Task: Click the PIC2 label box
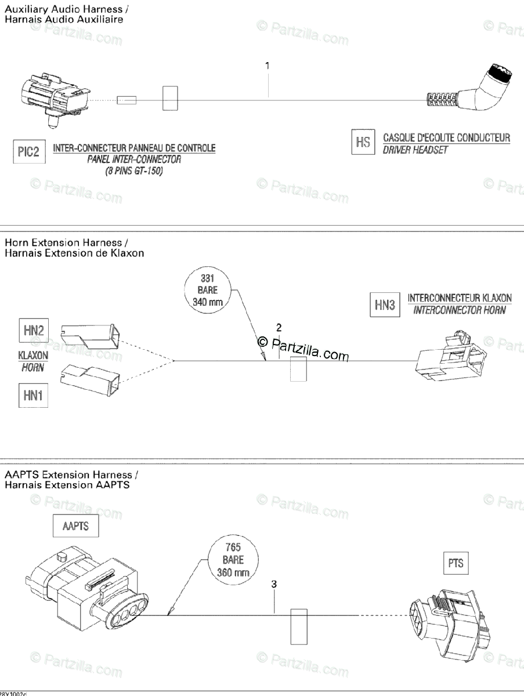(x=28, y=153)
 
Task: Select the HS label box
(x=363, y=143)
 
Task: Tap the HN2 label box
(x=33, y=331)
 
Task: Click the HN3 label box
(x=385, y=304)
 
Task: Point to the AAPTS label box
(x=75, y=527)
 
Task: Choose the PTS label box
(x=456, y=563)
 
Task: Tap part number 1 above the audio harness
(x=268, y=66)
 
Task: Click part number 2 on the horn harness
(x=279, y=328)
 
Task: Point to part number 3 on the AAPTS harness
(x=274, y=584)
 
